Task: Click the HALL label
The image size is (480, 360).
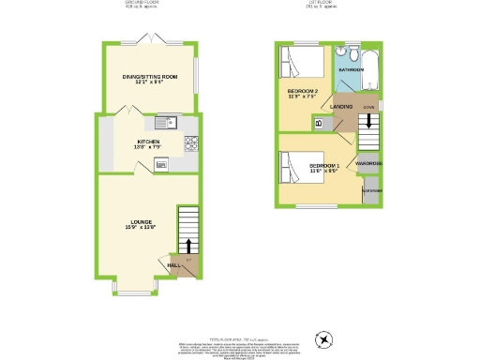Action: [x=172, y=265]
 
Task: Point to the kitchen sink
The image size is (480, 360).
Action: [x=164, y=121]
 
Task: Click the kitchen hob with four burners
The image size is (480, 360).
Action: [x=190, y=143]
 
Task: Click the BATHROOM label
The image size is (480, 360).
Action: [x=352, y=70]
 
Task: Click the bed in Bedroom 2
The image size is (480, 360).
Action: [x=303, y=64]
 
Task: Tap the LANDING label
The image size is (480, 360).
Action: [x=341, y=107]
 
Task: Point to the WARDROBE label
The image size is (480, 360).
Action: [x=367, y=163]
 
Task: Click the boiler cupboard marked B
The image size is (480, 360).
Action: [x=320, y=122]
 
